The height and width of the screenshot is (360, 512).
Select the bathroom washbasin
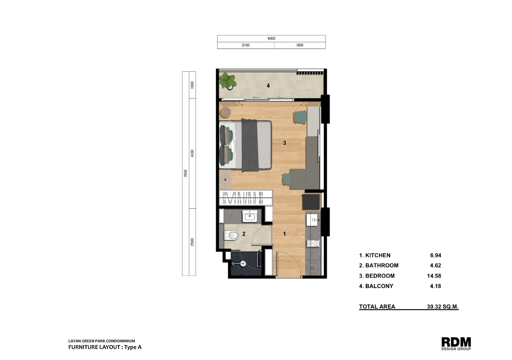coord(250,216)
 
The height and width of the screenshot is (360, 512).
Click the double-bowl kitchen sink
coord(313,244)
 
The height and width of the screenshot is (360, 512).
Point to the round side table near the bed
coord(226,113)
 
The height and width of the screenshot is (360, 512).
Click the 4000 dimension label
coord(271,39)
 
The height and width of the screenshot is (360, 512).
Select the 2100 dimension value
coord(246,45)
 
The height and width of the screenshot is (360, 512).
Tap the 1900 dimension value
coord(300,45)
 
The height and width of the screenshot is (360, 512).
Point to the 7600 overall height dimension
coord(185,173)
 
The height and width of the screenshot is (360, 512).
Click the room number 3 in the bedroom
coord(284,143)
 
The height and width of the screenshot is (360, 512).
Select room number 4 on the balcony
coord(268,86)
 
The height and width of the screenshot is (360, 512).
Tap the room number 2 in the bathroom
coord(244,234)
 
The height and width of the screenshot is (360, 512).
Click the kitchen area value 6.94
coord(436,255)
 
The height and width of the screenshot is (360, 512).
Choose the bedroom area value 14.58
coord(434,276)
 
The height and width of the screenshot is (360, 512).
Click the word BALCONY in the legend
coord(379,286)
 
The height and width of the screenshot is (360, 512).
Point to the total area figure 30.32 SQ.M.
coord(443,307)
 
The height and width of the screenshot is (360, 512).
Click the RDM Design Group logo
coord(456,344)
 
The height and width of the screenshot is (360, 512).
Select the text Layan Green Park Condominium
coord(101,341)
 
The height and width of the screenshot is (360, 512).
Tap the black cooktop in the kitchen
coord(311,202)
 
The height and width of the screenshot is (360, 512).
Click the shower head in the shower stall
coord(243,263)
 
